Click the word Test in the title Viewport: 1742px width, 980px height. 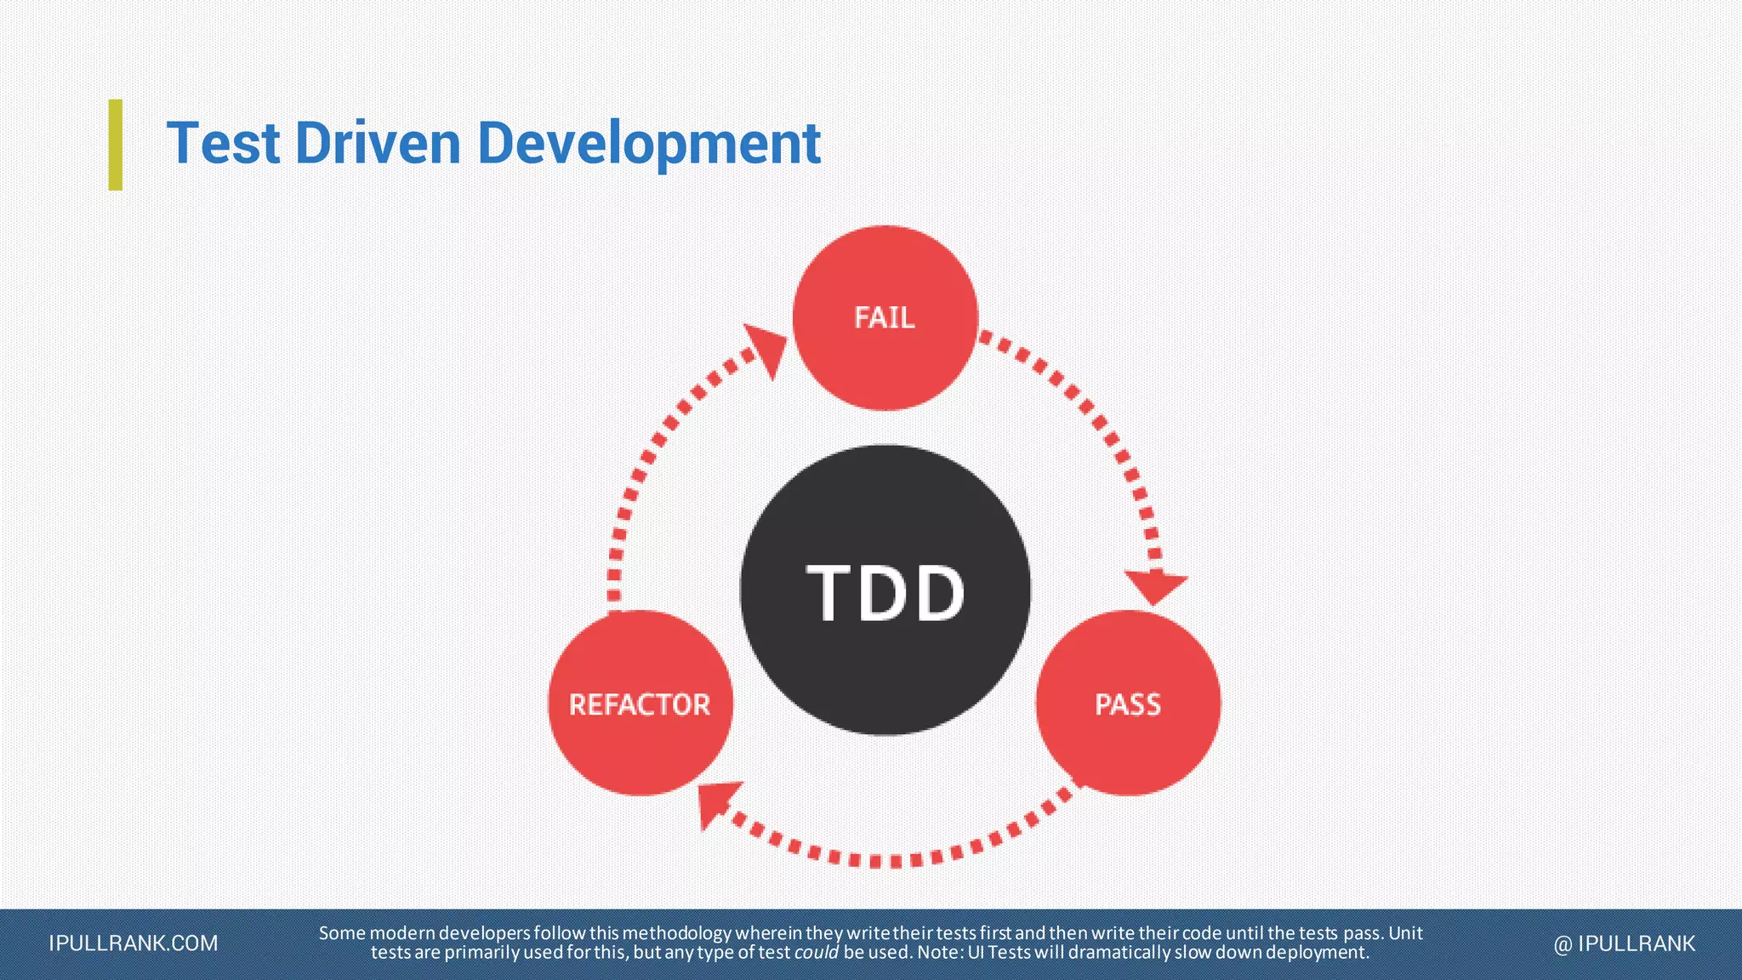pyautogui.click(x=223, y=143)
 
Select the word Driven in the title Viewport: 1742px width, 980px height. pyautogui.click(x=378, y=143)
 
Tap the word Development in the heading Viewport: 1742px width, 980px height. pyautogui.click(x=649, y=143)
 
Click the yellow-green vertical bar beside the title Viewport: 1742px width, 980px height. pyautogui.click(x=116, y=145)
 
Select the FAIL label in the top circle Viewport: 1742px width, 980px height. pyautogui.click(x=885, y=318)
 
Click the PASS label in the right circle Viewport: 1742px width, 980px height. pyautogui.click(x=1128, y=704)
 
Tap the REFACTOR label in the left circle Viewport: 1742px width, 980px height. pyautogui.click(x=640, y=704)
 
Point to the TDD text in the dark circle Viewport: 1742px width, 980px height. pyautogui.click(x=885, y=593)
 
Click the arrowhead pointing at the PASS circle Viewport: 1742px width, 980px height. pyautogui.click(x=1154, y=587)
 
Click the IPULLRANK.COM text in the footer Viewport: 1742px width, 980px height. pyautogui.click(x=134, y=943)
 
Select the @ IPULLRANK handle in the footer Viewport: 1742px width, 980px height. pyautogui.click(x=1625, y=943)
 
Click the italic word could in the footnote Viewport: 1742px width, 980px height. pyautogui.click(x=816, y=953)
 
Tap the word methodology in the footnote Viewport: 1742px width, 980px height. pyautogui.click(x=676, y=933)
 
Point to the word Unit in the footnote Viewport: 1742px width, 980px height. pyautogui.click(x=1405, y=933)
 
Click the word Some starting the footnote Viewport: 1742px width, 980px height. pyautogui.click(x=342, y=933)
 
